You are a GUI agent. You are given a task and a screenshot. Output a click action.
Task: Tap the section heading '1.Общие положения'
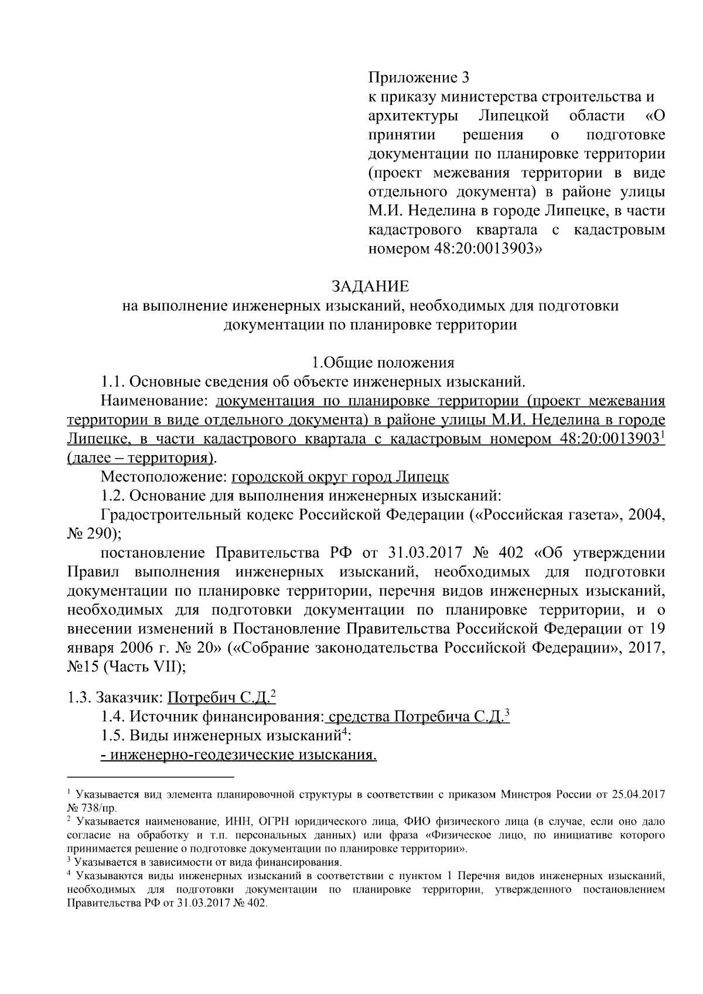pyautogui.click(x=383, y=363)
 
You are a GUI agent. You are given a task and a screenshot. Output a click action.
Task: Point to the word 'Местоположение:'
pyautogui.click(x=164, y=477)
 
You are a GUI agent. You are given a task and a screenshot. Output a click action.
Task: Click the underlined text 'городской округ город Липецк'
pyautogui.click(x=340, y=477)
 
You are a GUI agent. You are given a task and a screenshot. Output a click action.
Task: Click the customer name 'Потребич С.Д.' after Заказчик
pyautogui.click(x=219, y=698)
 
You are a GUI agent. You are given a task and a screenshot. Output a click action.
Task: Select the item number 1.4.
pyautogui.click(x=112, y=717)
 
